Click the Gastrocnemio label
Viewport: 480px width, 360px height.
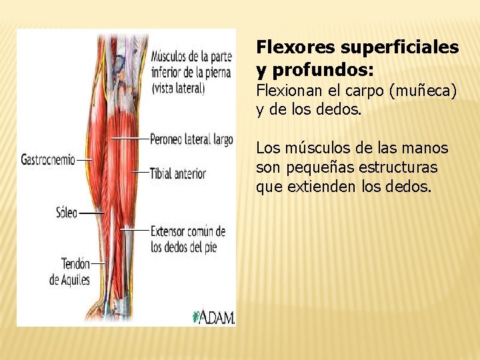(48, 160)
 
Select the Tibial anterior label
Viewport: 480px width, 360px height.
(178, 173)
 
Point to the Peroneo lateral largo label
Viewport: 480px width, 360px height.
(191, 139)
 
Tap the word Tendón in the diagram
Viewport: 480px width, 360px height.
(75, 264)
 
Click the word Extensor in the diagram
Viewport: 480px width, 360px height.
(169, 232)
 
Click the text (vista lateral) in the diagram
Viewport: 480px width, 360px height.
(178, 87)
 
